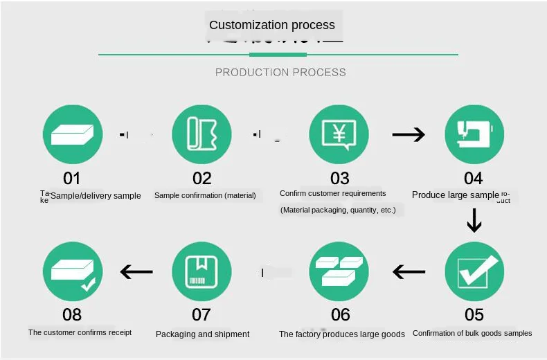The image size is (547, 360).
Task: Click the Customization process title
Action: [271, 25]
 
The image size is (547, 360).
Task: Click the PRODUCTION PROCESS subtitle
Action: [280, 72]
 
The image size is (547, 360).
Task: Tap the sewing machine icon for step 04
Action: [474, 134]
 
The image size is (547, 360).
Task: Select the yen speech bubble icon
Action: [339, 134]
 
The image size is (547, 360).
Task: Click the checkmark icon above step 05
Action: [474, 271]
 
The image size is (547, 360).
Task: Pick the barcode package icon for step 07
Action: [201, 271]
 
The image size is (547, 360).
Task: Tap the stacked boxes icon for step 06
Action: [339, 271]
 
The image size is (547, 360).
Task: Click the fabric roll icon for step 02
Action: [201, 134]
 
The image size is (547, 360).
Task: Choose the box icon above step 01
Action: [73, 134]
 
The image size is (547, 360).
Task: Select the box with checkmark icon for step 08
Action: [73, 271]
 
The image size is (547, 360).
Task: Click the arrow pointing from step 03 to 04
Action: [409, 134]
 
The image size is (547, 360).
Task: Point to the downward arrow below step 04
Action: [474, 220]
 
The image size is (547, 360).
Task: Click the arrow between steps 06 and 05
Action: [409, 271]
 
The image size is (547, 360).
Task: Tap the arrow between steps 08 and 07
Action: [136, 271]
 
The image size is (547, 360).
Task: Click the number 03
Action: [340, 179]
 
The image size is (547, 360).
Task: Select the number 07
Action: [201, 315]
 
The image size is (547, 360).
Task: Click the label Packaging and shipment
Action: [202, 334]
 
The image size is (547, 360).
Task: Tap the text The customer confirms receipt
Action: [80, 332]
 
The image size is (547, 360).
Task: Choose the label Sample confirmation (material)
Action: [205, 195]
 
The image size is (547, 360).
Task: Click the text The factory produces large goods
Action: [342, 334]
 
